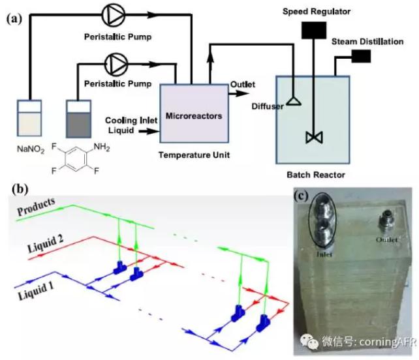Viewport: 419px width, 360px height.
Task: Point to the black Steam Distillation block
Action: pyautogui.click(x=360, y=58)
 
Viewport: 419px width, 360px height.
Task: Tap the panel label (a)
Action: pyautogui.click(x=14, y=19)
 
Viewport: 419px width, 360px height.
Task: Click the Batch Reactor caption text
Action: pyautogui.click(x=316, y=175)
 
